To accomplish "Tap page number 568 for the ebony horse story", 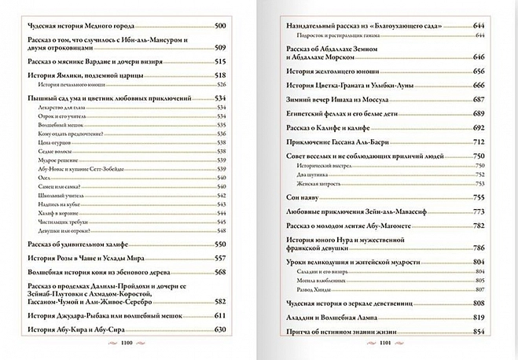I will tap(221, 272).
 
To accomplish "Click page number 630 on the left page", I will tap(221, 329).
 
